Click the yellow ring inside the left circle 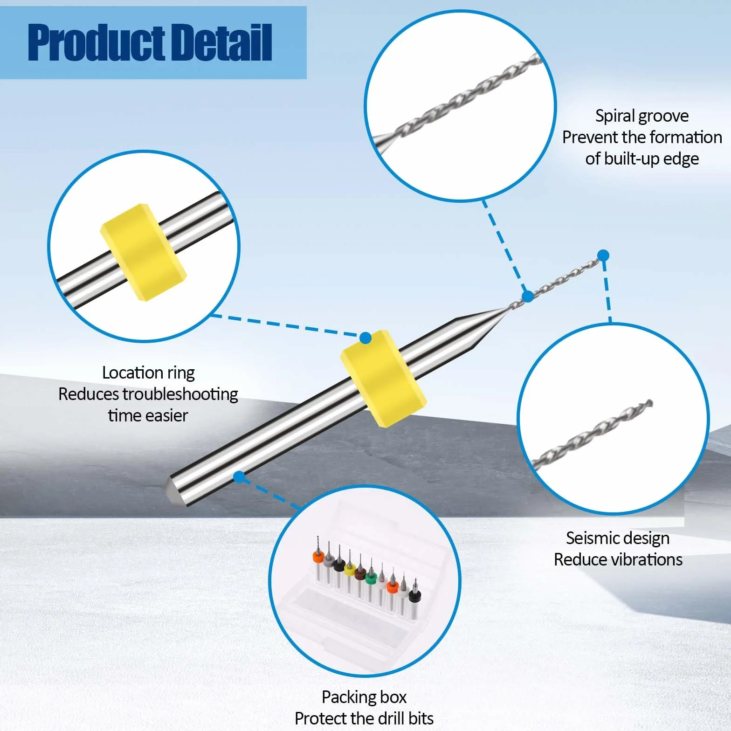click(x=144, y=252)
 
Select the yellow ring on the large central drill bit click(x=384, y=378)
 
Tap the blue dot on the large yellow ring click(x=365, y=338)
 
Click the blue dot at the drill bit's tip click(x=603, y=255)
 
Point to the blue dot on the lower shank click(x=239, y=477)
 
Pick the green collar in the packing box click(x=371, y=579)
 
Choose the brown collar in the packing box click(x=360, y=573)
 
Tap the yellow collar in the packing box click(x=350, y=569)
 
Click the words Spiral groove click(x=641, y=116)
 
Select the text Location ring click(x=148, y=373)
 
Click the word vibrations click(x=643, y=559)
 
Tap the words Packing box click(x=364, y=697)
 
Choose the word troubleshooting click(x=180, y=394)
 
